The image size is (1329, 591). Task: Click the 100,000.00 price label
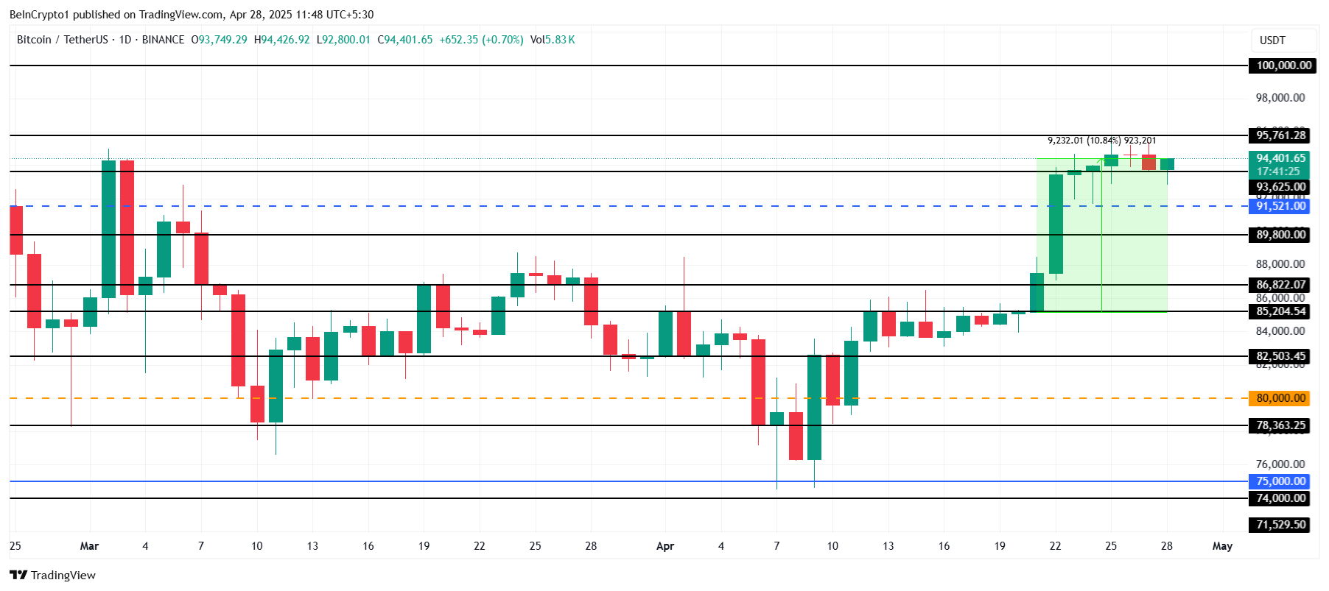[1283, 66]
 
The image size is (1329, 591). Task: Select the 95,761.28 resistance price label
[1280, 135]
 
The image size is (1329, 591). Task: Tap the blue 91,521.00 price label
[1280, 206]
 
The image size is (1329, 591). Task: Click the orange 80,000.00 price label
[1280, 398]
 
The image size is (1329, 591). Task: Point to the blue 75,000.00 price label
[1280, 481]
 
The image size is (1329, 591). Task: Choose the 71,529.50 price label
[1280, 525]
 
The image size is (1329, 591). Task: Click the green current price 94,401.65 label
[1280, 158]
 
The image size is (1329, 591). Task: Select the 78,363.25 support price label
[1280, 425]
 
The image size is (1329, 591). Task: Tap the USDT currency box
[1272, 40]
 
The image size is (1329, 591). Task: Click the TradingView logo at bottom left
[52, 575]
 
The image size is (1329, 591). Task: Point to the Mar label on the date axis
[89, 546]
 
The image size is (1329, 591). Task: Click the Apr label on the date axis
[665, 546]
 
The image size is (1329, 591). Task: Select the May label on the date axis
[1222, 546]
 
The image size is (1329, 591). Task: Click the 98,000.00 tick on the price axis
[1280, 98]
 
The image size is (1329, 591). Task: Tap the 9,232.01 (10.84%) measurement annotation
[1084, 141]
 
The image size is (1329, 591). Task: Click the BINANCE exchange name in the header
[163, 40]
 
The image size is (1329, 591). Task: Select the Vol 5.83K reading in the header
[553, 40]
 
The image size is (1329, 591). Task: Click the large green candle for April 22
[1056, 224]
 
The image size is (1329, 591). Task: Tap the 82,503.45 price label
[1280, 356]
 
